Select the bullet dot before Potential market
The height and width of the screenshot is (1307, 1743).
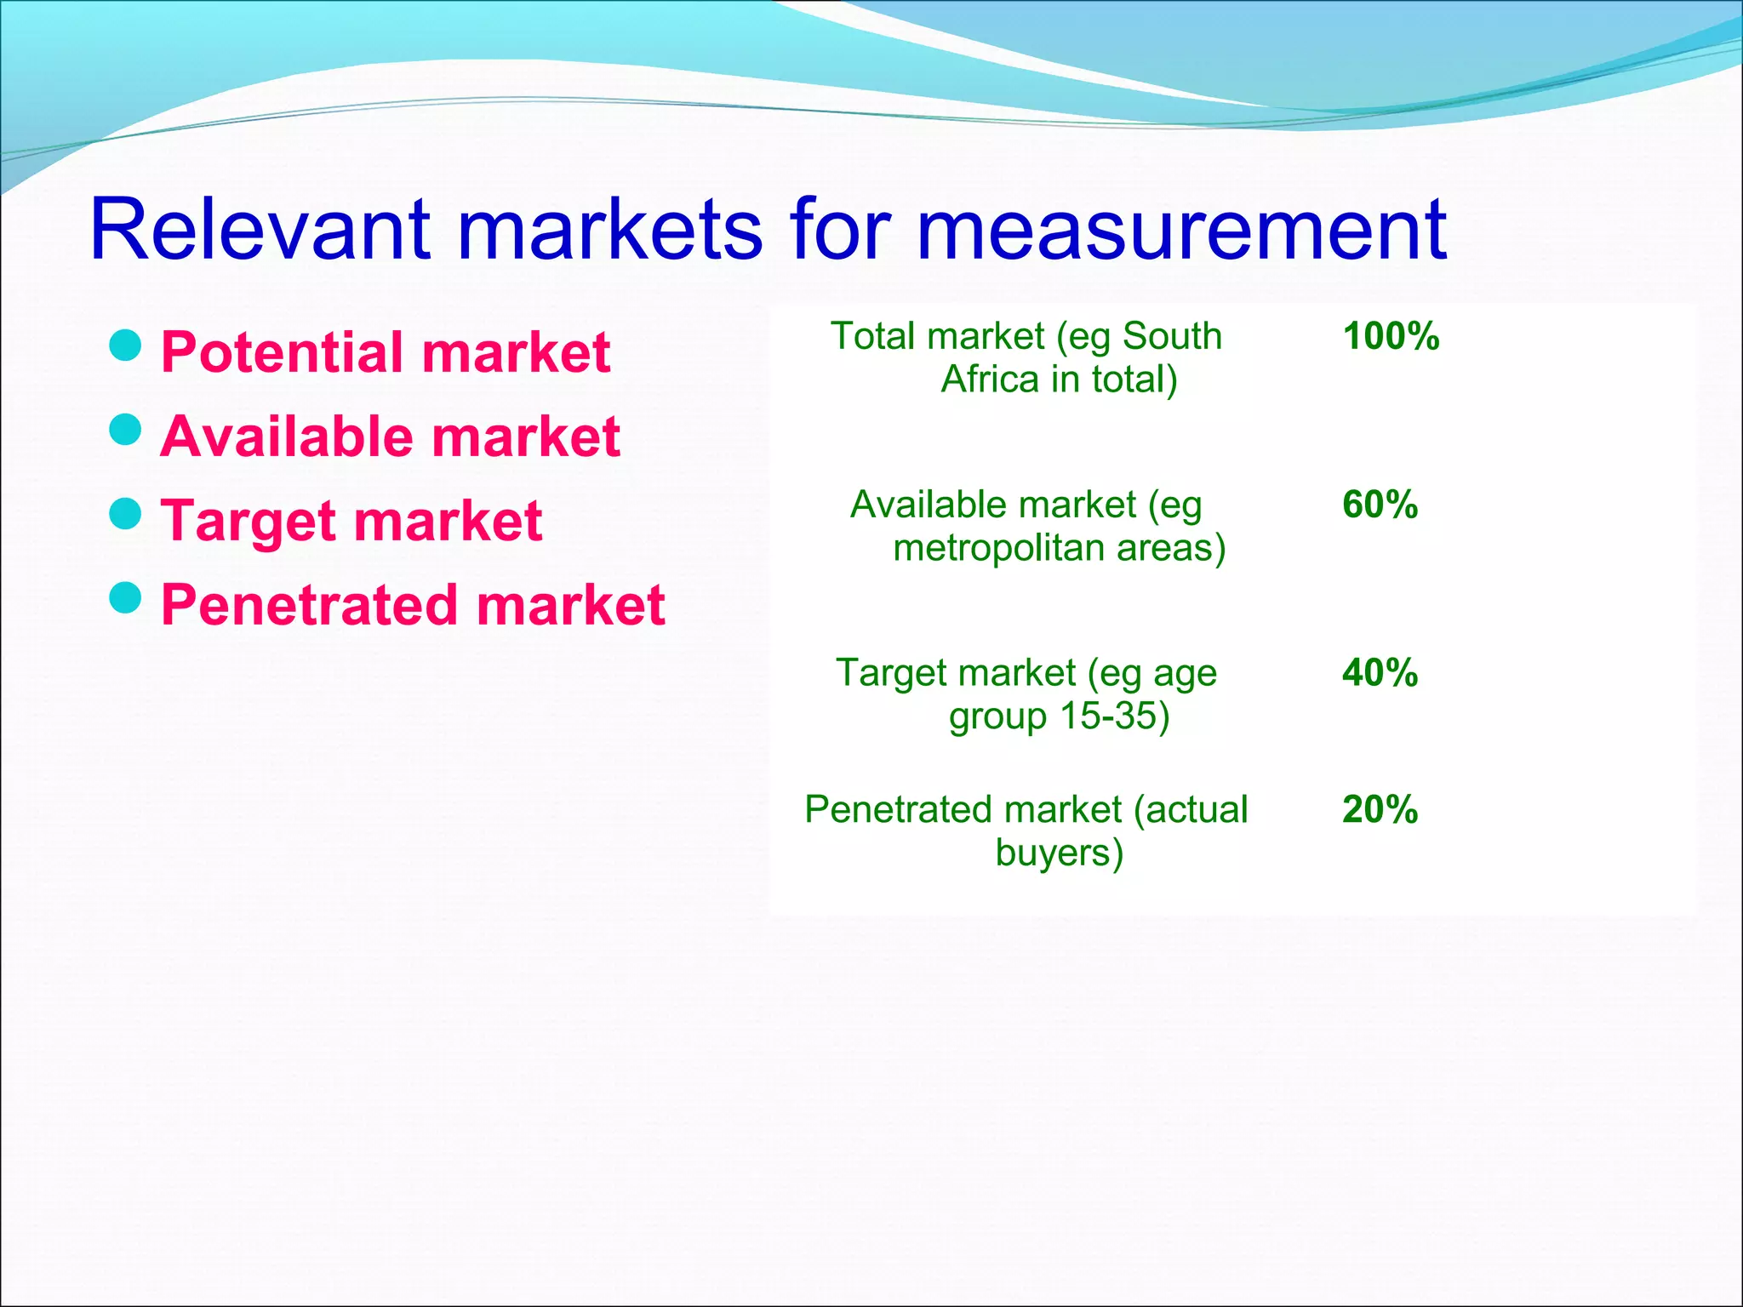(x=126, y=345)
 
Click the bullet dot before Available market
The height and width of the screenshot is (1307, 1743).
(x=126, y=430)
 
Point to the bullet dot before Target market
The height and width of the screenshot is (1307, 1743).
(x=126, y=514)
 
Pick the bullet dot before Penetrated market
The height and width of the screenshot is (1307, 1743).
(x=126, y=598)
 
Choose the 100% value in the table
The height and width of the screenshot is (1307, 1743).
(x=1391, y=336)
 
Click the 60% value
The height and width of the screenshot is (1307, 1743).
(x=1380, y=505)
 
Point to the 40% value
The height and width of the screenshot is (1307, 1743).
(x=1380, y=673)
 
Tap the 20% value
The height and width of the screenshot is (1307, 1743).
(x=1380, y=809)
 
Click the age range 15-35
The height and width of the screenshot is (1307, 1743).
(x=1112, y=716)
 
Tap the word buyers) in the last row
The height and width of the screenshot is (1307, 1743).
(x=1060, y=853)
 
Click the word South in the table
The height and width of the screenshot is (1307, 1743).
(x=1172, y=336)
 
